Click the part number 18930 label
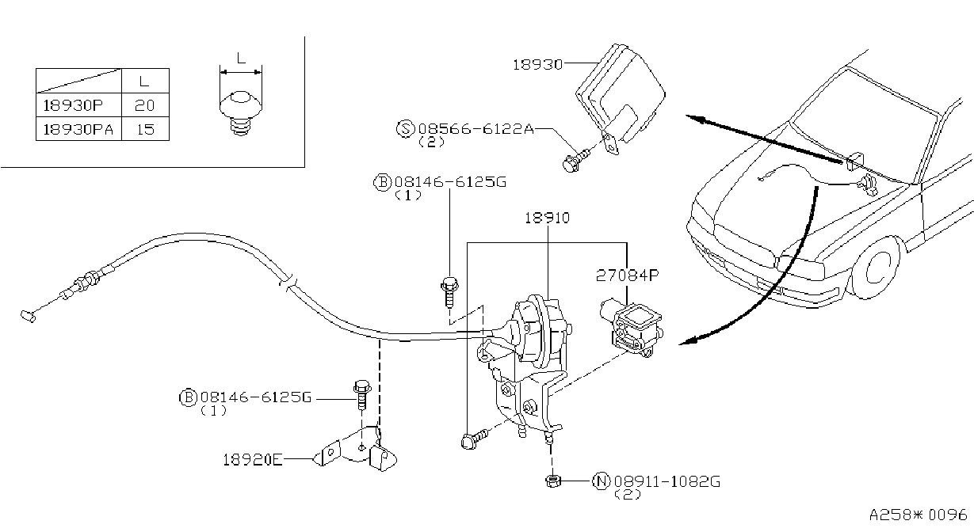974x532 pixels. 538,65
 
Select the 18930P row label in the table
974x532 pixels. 73,105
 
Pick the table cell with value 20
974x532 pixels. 144,105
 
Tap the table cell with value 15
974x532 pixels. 145,129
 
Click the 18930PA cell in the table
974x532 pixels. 78,129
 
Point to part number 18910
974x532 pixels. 547,218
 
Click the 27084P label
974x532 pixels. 627,275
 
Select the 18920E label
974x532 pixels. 252,459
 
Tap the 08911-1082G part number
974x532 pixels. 667,481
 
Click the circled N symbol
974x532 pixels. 602,481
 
